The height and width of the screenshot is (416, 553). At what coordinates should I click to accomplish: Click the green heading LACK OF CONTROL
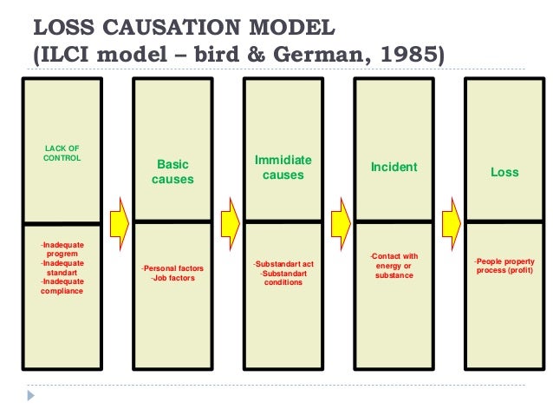tap(62, 154)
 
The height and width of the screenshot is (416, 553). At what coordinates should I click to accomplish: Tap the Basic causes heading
tap(172, 171)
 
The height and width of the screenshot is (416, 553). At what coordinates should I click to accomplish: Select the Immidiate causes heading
tap(283, 168)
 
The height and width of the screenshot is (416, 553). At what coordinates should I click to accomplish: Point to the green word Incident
tap(394, 167)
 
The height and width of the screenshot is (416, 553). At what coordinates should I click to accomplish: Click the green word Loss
tap(504, 172)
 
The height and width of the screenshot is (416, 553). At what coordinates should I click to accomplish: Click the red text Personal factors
tap(173, 269)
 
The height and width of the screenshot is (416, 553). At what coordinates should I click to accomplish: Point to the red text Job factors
tap(172, 278)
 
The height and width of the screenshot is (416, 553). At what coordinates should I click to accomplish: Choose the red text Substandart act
tap(283, 263)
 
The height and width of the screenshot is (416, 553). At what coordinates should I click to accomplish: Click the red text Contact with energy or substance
tap(394, 266)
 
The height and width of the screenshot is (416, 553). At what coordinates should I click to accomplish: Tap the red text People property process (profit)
tap(504, 266)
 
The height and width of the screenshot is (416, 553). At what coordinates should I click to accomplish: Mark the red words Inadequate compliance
tap(62, 286)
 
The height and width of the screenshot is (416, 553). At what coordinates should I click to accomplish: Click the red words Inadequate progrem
tap(62, 249)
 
